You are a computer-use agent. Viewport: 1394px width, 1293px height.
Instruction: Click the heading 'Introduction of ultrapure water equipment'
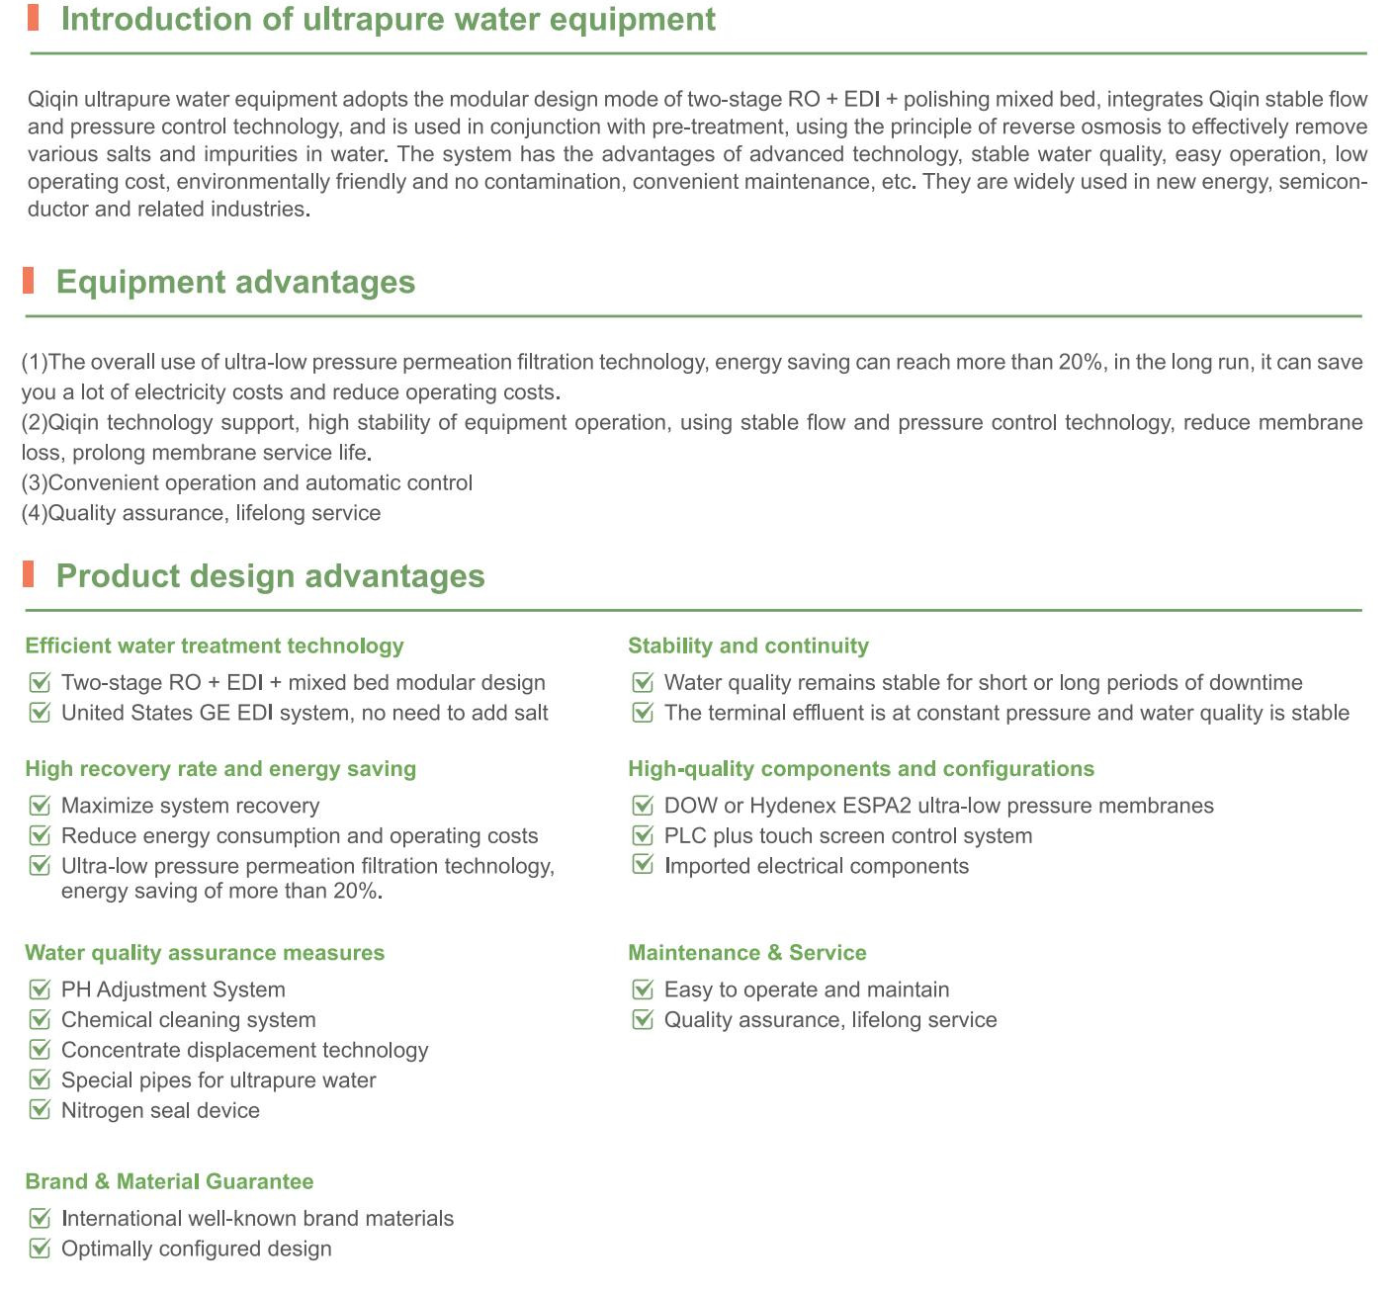pos(388,20)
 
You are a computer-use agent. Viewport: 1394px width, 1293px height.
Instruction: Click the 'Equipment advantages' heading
pos(235,282)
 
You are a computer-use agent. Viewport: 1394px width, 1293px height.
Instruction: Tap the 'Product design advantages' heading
pos(270,576)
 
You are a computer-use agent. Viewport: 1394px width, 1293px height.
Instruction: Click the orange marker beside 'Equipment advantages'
pos(29,281)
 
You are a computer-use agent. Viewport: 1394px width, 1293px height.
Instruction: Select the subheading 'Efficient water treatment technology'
pos(215,646)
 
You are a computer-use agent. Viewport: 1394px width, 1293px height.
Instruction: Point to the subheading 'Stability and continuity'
pos(748,646)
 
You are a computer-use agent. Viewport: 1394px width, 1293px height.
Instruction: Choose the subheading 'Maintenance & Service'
pos(747,953)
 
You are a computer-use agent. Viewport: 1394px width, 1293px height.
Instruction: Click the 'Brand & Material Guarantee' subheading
pos(169,1182)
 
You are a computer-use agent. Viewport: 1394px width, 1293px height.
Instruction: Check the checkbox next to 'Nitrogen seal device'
pos(40,1110)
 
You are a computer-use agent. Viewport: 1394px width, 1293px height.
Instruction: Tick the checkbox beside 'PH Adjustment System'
pos(40,990)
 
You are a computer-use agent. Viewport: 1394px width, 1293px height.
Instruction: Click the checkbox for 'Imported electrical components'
pos(643,866)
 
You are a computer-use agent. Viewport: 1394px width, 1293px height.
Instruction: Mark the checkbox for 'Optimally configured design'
pos(40,1249)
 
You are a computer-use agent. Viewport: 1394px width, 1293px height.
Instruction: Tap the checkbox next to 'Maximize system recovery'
pos(40,806)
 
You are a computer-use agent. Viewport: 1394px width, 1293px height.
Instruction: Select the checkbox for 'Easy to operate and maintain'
pos(643,990)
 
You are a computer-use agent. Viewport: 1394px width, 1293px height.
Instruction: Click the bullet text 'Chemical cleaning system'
pos(189,1020)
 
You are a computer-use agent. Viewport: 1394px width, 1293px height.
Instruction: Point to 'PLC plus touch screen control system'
pos(848,836)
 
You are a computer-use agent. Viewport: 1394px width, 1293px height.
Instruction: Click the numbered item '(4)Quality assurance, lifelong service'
pos(201,513)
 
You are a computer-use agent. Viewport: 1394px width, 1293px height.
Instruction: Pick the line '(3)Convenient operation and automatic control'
pos(247,483)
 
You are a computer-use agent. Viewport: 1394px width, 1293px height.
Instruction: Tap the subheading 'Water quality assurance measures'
pos(205,953)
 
